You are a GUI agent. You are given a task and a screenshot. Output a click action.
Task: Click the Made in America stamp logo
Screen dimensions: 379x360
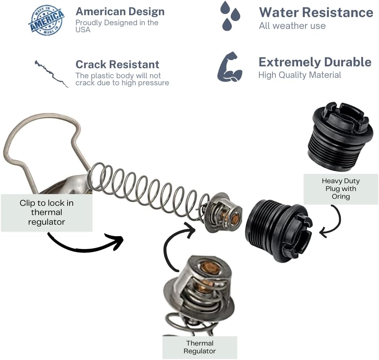(46, 20)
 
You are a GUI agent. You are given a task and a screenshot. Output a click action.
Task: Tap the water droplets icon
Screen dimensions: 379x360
(230, 16)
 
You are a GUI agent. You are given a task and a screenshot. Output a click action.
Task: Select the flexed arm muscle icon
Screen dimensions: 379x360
(230, 67)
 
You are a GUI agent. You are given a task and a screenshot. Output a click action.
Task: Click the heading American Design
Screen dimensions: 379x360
(120, 11)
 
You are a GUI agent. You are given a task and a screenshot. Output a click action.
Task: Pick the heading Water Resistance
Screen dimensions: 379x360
(316, 12)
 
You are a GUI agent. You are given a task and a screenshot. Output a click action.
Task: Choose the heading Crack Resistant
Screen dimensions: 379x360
(117, 65)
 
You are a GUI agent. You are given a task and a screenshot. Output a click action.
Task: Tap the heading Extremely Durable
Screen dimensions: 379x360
(315, 62)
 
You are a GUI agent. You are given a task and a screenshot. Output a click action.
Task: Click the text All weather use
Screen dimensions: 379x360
(292, 26)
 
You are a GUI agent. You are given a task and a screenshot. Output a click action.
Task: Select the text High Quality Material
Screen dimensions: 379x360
(300, 75)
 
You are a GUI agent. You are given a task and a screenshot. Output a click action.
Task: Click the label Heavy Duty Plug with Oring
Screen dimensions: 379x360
(341, 189)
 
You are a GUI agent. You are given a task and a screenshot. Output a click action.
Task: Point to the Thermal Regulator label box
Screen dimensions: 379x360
(200, 347)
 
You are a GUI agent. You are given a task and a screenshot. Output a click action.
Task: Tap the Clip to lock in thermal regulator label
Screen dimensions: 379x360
(47, 212)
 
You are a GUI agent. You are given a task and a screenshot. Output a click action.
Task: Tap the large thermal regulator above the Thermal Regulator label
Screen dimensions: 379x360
(199, 295)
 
